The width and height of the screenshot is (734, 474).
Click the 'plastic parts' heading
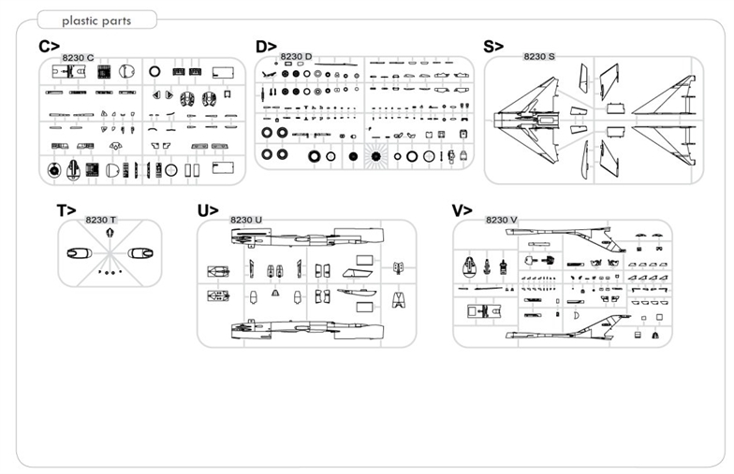pos(96,21)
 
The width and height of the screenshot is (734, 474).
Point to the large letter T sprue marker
pos(66,211)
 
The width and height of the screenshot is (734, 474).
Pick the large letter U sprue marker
pos(207,211)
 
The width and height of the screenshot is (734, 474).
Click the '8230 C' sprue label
pos(78,58)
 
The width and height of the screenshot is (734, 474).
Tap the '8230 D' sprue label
pos(296,57)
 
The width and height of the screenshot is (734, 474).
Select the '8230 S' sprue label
pos(539,57)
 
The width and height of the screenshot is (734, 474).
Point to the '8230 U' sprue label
pos(245,220)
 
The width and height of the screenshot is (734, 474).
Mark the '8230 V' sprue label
pos(502,220)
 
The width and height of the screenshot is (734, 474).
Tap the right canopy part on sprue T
pos(141,252)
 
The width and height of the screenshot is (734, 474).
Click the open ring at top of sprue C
pos(154,71)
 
